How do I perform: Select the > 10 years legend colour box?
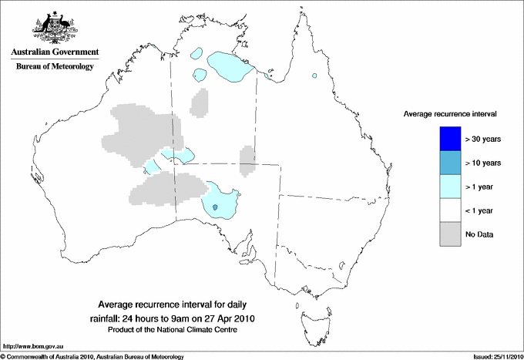[x=449, y=162]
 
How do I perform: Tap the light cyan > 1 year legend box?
[x=449, y=186]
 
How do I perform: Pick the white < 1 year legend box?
[x=449, y=210]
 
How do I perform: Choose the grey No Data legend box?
[x=449, y=234]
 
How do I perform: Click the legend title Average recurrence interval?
[x=450, y=113]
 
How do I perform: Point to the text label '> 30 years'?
[x=483, y=139]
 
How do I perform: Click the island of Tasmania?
[x=308, y=316]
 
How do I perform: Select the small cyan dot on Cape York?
[x=314, y=76]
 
